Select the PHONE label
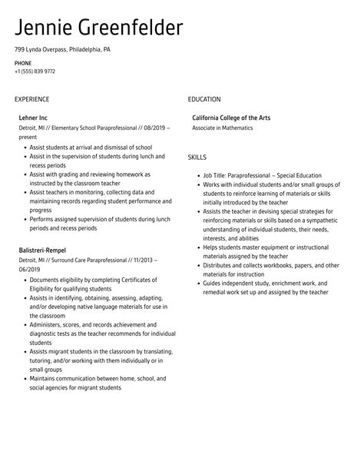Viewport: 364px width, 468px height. coord(23,62)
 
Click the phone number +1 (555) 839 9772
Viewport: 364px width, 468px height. coord(35,71)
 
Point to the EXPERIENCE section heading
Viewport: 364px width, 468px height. coord(31,99)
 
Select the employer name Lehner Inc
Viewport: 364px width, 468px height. coord(34,118)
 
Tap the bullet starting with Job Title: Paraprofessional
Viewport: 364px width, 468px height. coord(262,175)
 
